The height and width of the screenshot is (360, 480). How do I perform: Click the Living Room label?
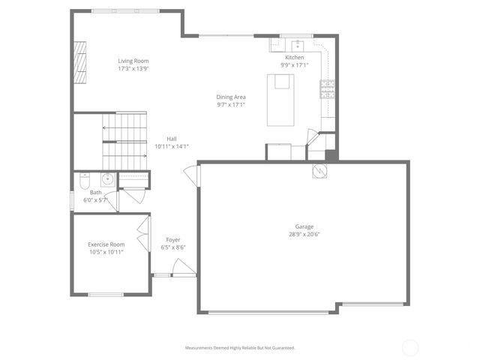coord(133,61)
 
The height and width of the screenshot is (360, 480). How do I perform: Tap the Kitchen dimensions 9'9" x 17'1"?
coord(294,65)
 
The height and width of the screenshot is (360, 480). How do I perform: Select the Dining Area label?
coord(231,97)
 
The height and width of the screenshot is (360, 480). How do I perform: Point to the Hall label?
coord(172,139)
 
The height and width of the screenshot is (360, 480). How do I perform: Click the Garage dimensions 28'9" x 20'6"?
coord(304,234)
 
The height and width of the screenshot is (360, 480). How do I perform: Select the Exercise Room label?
coord(106,244)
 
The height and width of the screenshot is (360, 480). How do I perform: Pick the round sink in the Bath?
coord(107,178)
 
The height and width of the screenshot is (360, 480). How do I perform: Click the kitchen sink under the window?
coord(297,43)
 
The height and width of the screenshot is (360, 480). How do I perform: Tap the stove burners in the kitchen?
coord(327,89)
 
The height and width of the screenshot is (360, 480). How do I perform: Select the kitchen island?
coord(282,100)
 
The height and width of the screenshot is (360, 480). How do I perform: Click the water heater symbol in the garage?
coord(319,171)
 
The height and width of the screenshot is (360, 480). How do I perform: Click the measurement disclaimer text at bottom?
coord(240,348)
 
